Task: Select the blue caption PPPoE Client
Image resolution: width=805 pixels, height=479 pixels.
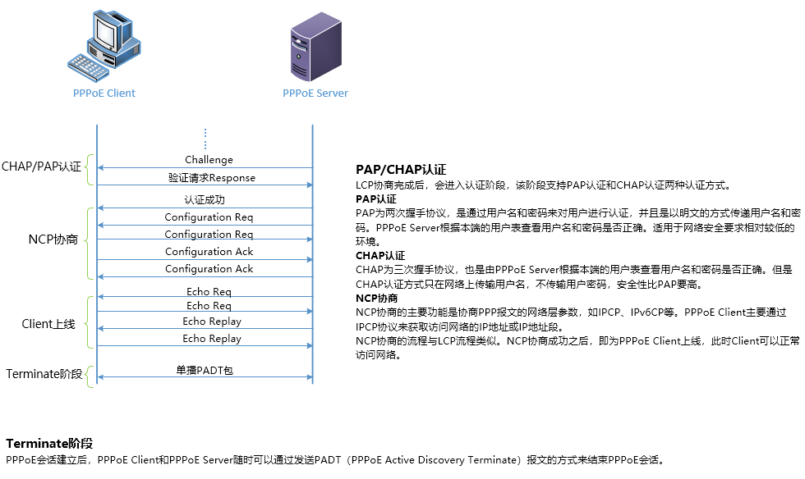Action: click(104, 94)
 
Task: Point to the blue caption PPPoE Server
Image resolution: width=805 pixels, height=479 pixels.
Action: click(315, 94)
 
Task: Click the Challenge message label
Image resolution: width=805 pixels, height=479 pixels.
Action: click(209, 160)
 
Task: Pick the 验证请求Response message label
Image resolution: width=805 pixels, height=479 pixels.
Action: click(212, 177)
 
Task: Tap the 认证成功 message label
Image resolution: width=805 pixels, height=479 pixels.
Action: click(205, 199)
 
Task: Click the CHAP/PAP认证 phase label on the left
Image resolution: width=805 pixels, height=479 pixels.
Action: click(41, 167)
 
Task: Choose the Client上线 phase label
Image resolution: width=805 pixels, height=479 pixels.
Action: click(48, 324)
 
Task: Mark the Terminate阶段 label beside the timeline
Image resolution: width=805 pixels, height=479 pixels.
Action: click(44, 374)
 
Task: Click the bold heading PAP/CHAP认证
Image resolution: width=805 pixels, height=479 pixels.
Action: click(401, 170)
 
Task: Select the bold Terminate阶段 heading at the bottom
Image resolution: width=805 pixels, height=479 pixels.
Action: click(49, 444)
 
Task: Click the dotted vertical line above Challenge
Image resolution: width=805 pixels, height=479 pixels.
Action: click(205, 137)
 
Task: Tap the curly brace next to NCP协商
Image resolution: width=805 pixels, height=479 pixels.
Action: click(90, 239)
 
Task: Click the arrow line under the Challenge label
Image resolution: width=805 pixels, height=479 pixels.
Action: click(205, 168)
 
